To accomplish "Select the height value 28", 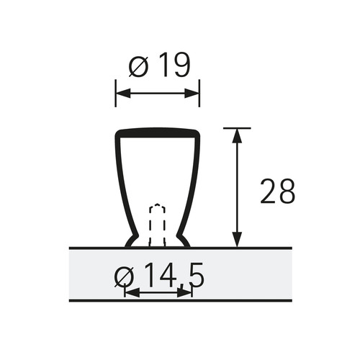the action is point(277,191).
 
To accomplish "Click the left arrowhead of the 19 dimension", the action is point(123,93).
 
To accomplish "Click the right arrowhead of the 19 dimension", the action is point(192,93).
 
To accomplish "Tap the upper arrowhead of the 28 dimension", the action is point(237,136).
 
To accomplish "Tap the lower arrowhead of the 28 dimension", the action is point(237,239).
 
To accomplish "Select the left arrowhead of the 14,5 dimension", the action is point(132,293).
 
